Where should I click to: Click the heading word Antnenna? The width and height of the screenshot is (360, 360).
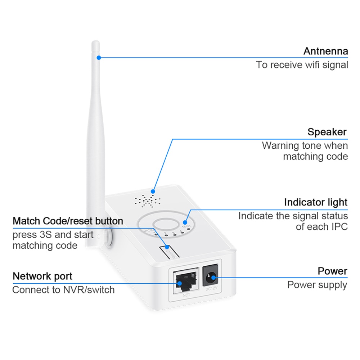325,51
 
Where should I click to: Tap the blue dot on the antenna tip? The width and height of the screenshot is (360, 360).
98,57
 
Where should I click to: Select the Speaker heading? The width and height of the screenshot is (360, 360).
327,132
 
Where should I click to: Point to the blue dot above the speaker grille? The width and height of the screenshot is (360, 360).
153,191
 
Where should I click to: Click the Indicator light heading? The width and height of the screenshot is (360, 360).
316,202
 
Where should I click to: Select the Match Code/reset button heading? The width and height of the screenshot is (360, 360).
68,221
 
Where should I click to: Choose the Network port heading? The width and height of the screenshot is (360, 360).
42,276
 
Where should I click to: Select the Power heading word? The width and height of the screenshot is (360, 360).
332,271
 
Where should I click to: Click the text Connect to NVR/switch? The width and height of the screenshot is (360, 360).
63,289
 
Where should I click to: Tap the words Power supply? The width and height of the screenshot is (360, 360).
317,285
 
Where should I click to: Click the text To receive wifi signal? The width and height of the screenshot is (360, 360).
302,65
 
